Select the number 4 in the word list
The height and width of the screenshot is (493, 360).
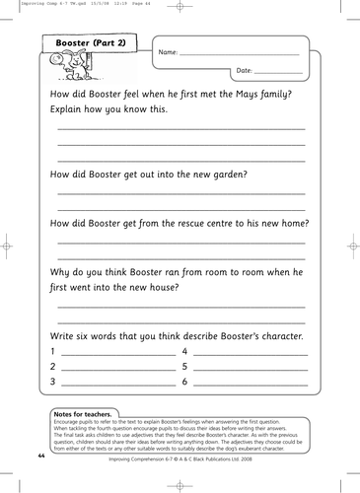click(x=184, y=351)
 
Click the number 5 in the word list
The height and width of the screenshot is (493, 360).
click(x=184, y=366)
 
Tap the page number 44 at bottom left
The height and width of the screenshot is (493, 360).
click(x=40, y=458)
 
